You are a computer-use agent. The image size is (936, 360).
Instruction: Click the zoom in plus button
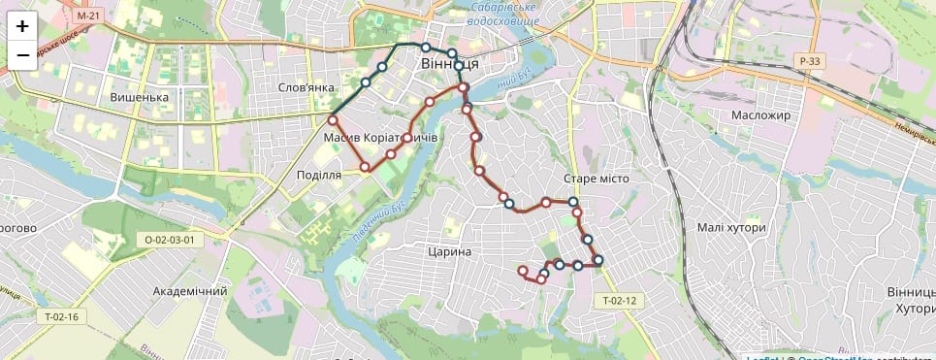tap(22, 26)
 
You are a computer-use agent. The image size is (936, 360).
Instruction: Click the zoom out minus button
tap(22, 55)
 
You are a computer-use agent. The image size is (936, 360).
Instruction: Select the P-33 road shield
tap(810, 61)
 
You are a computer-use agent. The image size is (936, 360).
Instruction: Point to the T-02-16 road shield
tap(60, 316)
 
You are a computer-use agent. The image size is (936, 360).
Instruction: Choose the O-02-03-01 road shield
tap(170, 240)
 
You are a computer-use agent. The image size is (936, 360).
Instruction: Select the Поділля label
tap(318, 176)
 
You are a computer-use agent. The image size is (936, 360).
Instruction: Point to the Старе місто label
tap(596, 179)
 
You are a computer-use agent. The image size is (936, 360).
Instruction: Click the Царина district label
tap(448, 251)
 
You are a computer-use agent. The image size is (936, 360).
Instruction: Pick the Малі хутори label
tap(731, 227)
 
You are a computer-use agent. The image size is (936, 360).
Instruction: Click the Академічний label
tap(190, 291)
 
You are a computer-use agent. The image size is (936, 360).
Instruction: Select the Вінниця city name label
tap(450, 64)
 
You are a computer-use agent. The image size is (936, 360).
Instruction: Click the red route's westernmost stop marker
tap(333, 120)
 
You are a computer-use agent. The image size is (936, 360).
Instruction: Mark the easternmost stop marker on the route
tap(598, 259)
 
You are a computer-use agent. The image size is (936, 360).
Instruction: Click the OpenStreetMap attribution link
tap(832, 357)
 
